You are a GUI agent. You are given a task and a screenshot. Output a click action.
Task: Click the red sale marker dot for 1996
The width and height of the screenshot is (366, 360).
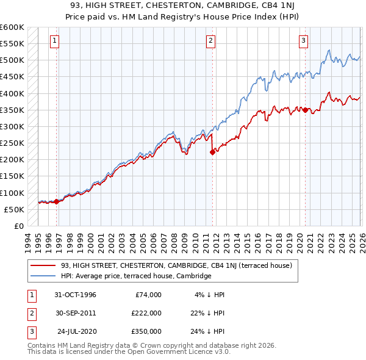(x=57, y=201)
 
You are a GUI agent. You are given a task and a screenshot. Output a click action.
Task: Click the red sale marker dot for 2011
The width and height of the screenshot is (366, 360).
(x=212, y=153)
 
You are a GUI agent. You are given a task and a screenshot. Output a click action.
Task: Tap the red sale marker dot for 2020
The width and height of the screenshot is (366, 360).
(x=305, y=110)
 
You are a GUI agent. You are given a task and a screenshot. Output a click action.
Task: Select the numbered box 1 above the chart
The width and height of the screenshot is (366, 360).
(x=54, y=41)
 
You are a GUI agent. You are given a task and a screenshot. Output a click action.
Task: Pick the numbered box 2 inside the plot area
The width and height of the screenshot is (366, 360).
(x=210, y=41)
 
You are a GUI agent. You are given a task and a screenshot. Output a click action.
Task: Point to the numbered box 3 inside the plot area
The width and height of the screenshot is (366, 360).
(x=303, y=41)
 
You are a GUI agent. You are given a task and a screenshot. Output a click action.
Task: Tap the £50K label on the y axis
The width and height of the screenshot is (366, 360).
(x=14, y=209)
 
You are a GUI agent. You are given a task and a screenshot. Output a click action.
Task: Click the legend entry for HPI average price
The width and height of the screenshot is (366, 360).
(x=135, y=276)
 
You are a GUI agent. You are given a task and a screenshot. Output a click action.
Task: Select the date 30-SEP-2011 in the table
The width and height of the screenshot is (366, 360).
(x=75, y=312)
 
